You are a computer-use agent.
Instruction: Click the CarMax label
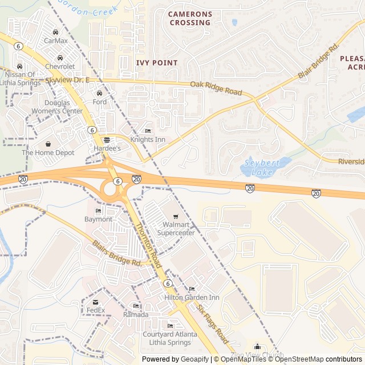[56, 40]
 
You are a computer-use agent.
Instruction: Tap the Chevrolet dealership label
[60, 67]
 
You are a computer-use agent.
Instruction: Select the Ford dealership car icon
[100, 94]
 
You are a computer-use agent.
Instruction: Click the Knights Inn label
[148, 139]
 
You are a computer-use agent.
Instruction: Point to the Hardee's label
[107, 148]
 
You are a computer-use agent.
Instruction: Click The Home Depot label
[48, 153]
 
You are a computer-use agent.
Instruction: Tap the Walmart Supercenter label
[176, 229]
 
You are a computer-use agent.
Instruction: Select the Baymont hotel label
[98, 219]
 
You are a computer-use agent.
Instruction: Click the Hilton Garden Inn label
[192, 298]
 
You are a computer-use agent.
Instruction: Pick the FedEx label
[96, 310]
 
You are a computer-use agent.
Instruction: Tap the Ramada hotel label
[136, 315]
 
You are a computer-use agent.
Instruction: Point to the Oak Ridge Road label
[216, 88]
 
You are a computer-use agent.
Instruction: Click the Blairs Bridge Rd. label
[117, 254]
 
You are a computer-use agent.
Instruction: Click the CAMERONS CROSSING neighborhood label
[190, 18]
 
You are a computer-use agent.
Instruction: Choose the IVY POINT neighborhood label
[157, 63]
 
